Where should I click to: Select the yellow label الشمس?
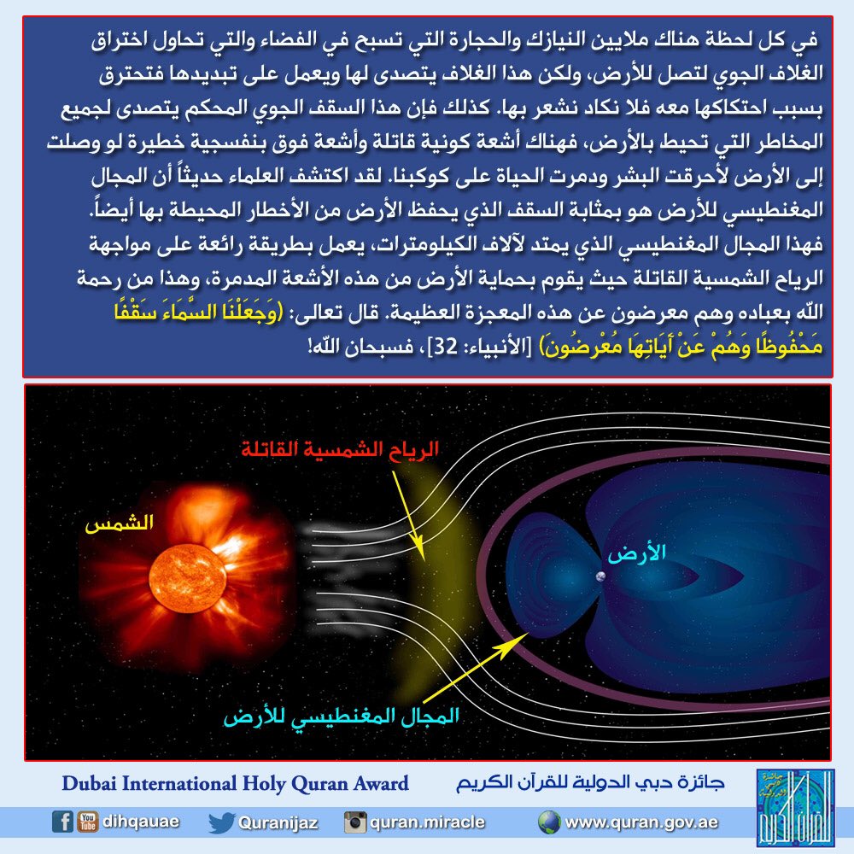(x=119, y=524)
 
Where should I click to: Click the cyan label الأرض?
(x=636, y=553)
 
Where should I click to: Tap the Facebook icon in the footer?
(x=62, y=822)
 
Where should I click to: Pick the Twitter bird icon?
(x=220, y=822)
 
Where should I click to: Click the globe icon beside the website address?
(x=548, y=822)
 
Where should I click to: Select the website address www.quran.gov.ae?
(x=641, y=822)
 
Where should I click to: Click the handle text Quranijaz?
(x=278, y=822)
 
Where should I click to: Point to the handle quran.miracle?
(x=427, y=822)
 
